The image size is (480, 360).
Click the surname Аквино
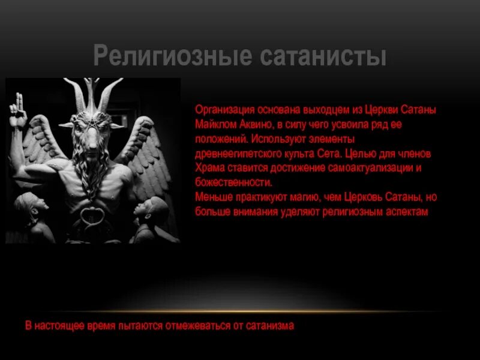(x=256, y=125)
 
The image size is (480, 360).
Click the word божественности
(x=233, y=182)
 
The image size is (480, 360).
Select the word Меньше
(x=211, y=197)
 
